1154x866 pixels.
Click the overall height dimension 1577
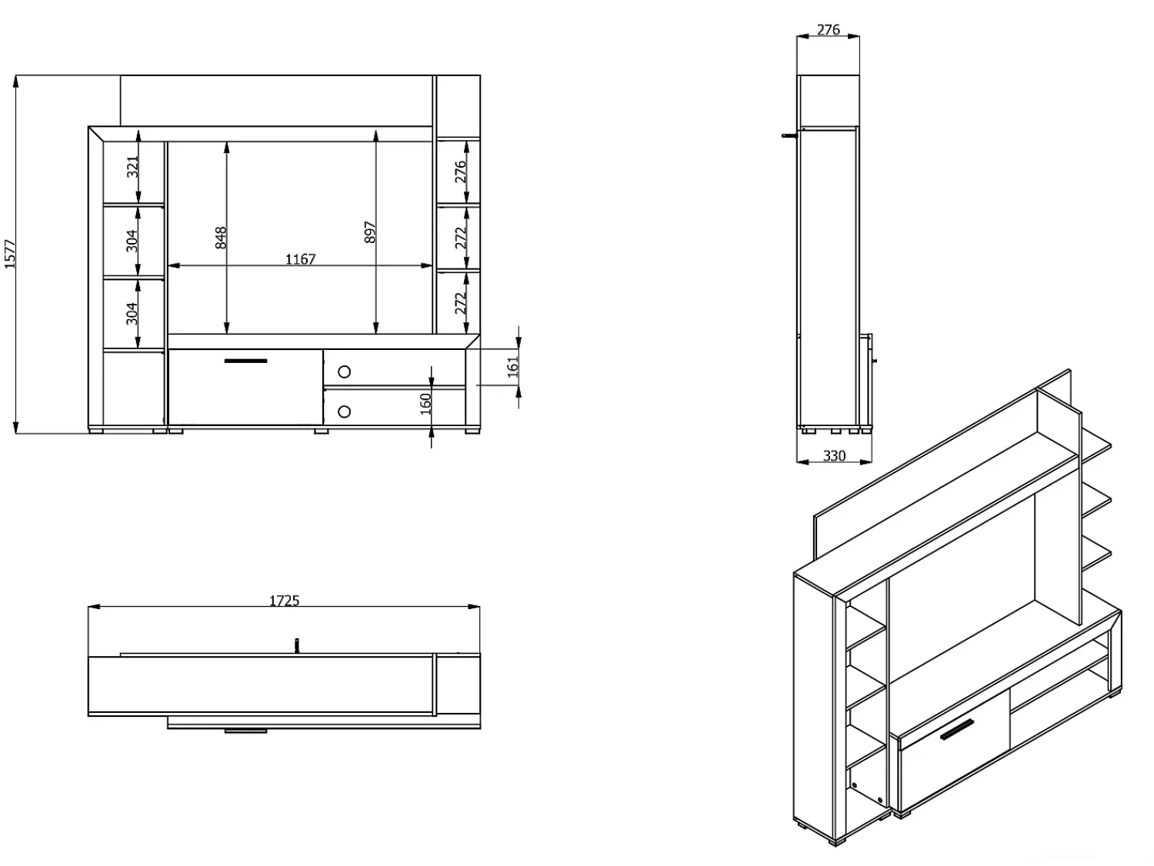(9, 255)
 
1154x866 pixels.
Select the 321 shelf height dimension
(133, 167)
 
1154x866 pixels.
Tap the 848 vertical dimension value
(221, 238)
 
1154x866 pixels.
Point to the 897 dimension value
(369, 232)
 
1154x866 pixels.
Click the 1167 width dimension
(300, 259)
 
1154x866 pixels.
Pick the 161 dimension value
(512, 367)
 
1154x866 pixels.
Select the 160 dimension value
(425, 404)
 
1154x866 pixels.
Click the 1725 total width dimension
(284, 601)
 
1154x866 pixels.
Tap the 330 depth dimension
(834, 455)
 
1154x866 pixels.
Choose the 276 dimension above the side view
(828, 30)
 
